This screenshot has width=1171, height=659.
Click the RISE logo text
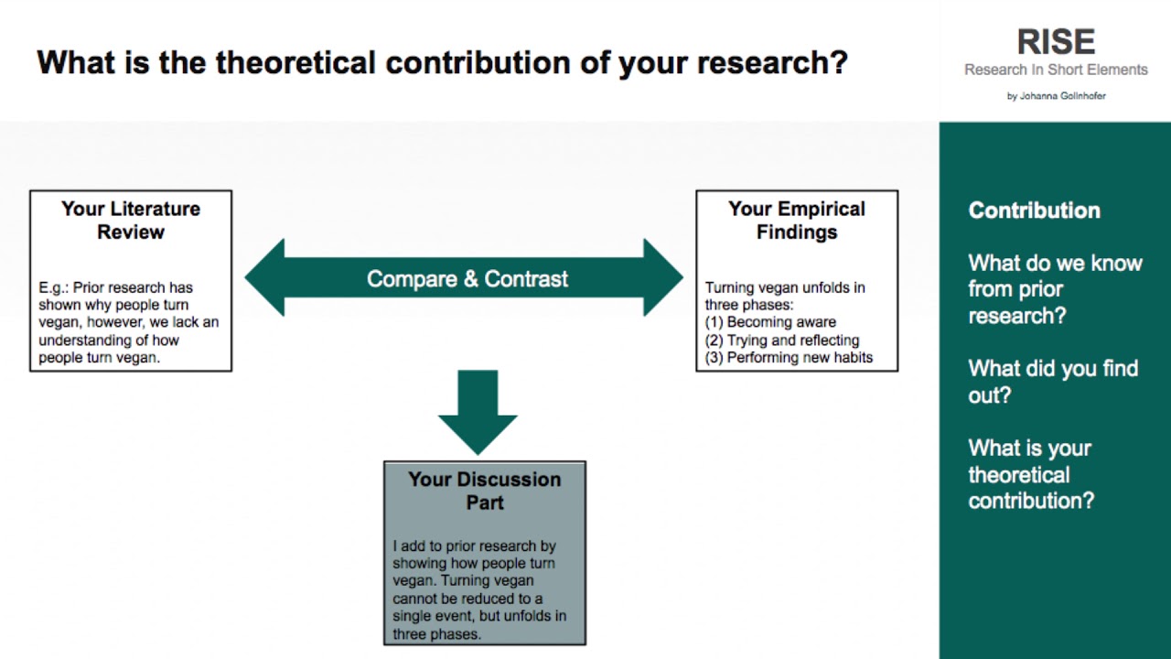pyautogui.click(x=1056, y=41)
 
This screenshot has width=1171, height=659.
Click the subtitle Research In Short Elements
pyautogui.click(x=1056, y=70)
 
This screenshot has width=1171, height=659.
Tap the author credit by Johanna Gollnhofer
pyautogui.click(x=1056, y=96)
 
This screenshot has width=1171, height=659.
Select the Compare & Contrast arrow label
pyautogui.click(x=467, y=279)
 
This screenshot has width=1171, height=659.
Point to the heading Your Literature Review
pyautogui.click(x=131, y=221)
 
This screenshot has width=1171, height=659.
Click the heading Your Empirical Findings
pyautogui.click(x=797, y=221)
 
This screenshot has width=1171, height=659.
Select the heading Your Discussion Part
pyautogui.click(x=484, y=491)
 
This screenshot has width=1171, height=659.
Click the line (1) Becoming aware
pyautogui.click(x=770, y=322)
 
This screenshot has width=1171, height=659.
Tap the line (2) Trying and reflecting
pyautogui.click(x=782, y=340)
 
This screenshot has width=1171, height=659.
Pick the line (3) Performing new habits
pyautogui.click(x=789, y=357)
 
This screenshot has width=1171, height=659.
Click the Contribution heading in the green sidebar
pyautogui.click(x=1034, y=211)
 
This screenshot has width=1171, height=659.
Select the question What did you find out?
pyautogui.click(x=1053, y=382)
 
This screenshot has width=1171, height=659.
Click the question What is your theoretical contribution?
pyautogui.click(x=1031, y=474)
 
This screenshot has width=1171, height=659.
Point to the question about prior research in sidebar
pyautogui.click(x=1055, y=289)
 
